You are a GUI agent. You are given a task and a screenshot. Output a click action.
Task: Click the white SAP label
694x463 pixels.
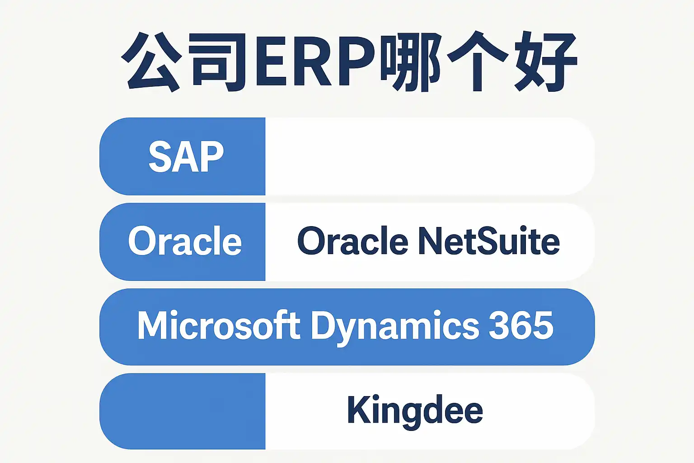pyautogui.click(x=186, y=156)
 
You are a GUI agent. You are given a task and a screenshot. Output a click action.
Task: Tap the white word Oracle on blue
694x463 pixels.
pyautogui.click(x=185, y=241)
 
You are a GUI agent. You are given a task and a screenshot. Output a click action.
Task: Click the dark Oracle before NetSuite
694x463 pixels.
pyautogui.click(x=352, y=241)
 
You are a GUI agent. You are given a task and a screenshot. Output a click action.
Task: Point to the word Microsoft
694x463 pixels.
pyautogui.click(x=219, y=326)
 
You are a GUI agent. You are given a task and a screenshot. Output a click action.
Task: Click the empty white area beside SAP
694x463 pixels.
pyautogui.click(x=429, y=156)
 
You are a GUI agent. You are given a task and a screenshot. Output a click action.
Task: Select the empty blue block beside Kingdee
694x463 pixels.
pyautogui.click(x=183, y=411)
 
